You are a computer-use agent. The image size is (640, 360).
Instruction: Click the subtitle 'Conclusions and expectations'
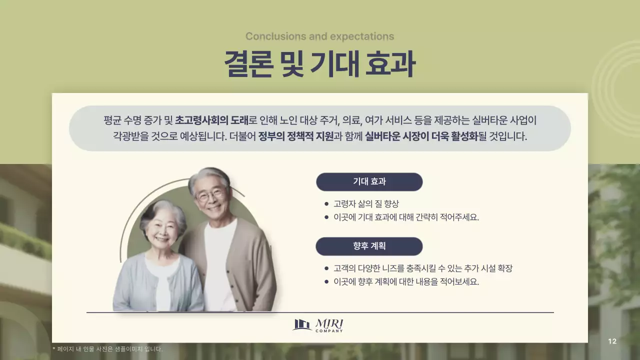click(319, 36)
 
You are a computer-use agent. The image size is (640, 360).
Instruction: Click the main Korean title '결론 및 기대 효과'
click(319, 64)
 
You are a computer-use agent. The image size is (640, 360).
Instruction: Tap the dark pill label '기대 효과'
click(369, 182)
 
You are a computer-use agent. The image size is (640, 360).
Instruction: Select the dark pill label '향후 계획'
click(369, 246)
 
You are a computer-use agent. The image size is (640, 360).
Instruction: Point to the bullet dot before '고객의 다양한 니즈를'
click(326, 268)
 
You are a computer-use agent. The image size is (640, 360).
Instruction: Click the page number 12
click(612, 341)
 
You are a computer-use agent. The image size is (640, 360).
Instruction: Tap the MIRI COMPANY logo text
click(329, 325)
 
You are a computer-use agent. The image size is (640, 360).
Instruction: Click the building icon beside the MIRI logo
click(302, 325)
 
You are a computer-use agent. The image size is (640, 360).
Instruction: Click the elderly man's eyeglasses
click(210, 194)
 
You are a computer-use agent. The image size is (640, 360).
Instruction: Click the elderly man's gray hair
click(208, 175)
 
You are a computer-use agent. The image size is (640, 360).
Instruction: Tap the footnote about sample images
click(107, 349)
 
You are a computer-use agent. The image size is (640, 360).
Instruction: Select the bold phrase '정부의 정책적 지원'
click(295, 136)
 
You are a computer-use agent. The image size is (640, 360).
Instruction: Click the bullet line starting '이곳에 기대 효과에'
click(406, 217)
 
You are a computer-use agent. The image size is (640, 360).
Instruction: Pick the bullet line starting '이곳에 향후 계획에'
click(406, 281)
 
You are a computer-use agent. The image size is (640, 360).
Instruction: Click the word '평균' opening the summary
click(112, 120)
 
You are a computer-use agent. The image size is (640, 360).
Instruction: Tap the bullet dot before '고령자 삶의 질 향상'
click(326, 204)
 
